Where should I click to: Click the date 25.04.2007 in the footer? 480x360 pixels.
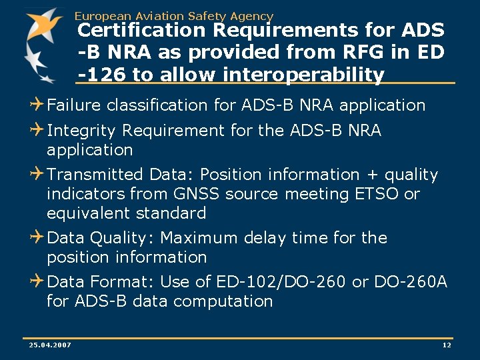51,345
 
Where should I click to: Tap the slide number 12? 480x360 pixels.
447,345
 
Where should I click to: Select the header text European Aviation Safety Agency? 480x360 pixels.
174,15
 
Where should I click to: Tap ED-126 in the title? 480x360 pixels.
426,53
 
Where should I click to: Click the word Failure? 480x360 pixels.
75,105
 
